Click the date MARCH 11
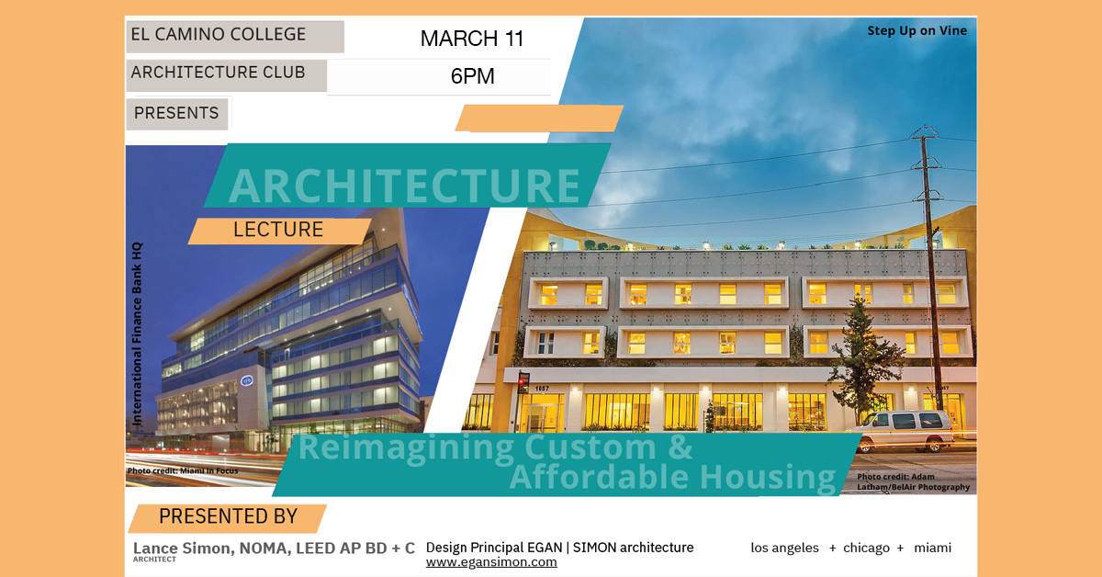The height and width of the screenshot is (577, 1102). tap(472, 39)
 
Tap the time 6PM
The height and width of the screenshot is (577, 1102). tap(472, 77)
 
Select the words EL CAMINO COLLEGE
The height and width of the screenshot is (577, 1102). tap(219, 35)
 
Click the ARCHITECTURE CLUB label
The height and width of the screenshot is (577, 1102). tap(219, 73)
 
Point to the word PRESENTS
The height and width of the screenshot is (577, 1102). tap(176, 113)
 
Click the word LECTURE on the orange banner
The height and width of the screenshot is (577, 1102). tap(278, 230)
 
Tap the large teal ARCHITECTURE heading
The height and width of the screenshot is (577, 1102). tap(404, 185)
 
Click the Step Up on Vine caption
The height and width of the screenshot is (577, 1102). tap(916, 31)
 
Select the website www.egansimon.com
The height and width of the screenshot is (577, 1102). tap(491, 562)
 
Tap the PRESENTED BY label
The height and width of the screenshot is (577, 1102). tap(228, 516)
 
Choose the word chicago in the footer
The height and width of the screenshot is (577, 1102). tap(866, 548)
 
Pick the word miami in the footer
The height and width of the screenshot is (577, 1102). tap(932, 548)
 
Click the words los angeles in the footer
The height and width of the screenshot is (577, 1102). tap(784, 548)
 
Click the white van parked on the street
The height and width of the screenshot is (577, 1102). tap(901, 429)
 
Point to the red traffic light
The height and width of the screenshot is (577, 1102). tap(523, 379)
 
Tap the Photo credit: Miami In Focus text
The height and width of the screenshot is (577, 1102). tap(183, 471)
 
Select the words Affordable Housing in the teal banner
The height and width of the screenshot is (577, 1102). tap(672, 478)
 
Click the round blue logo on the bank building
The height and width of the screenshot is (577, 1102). tap(246, 379)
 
